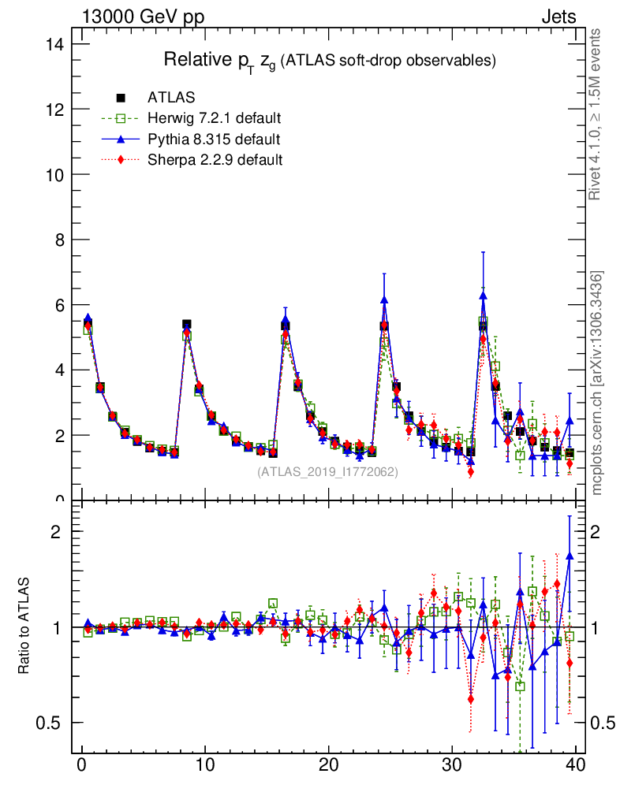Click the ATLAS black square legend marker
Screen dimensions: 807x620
point(121,98)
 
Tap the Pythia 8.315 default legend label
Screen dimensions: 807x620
point(214,139)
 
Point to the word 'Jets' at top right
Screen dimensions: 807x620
point(558,17)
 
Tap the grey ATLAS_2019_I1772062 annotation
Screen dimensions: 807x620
point(327,472)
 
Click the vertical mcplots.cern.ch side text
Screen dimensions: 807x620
point(596,382)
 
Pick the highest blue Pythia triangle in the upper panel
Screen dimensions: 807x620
point(483,296)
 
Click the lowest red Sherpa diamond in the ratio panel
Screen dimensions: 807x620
point(471,698)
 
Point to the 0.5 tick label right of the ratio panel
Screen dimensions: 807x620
point(603,723)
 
